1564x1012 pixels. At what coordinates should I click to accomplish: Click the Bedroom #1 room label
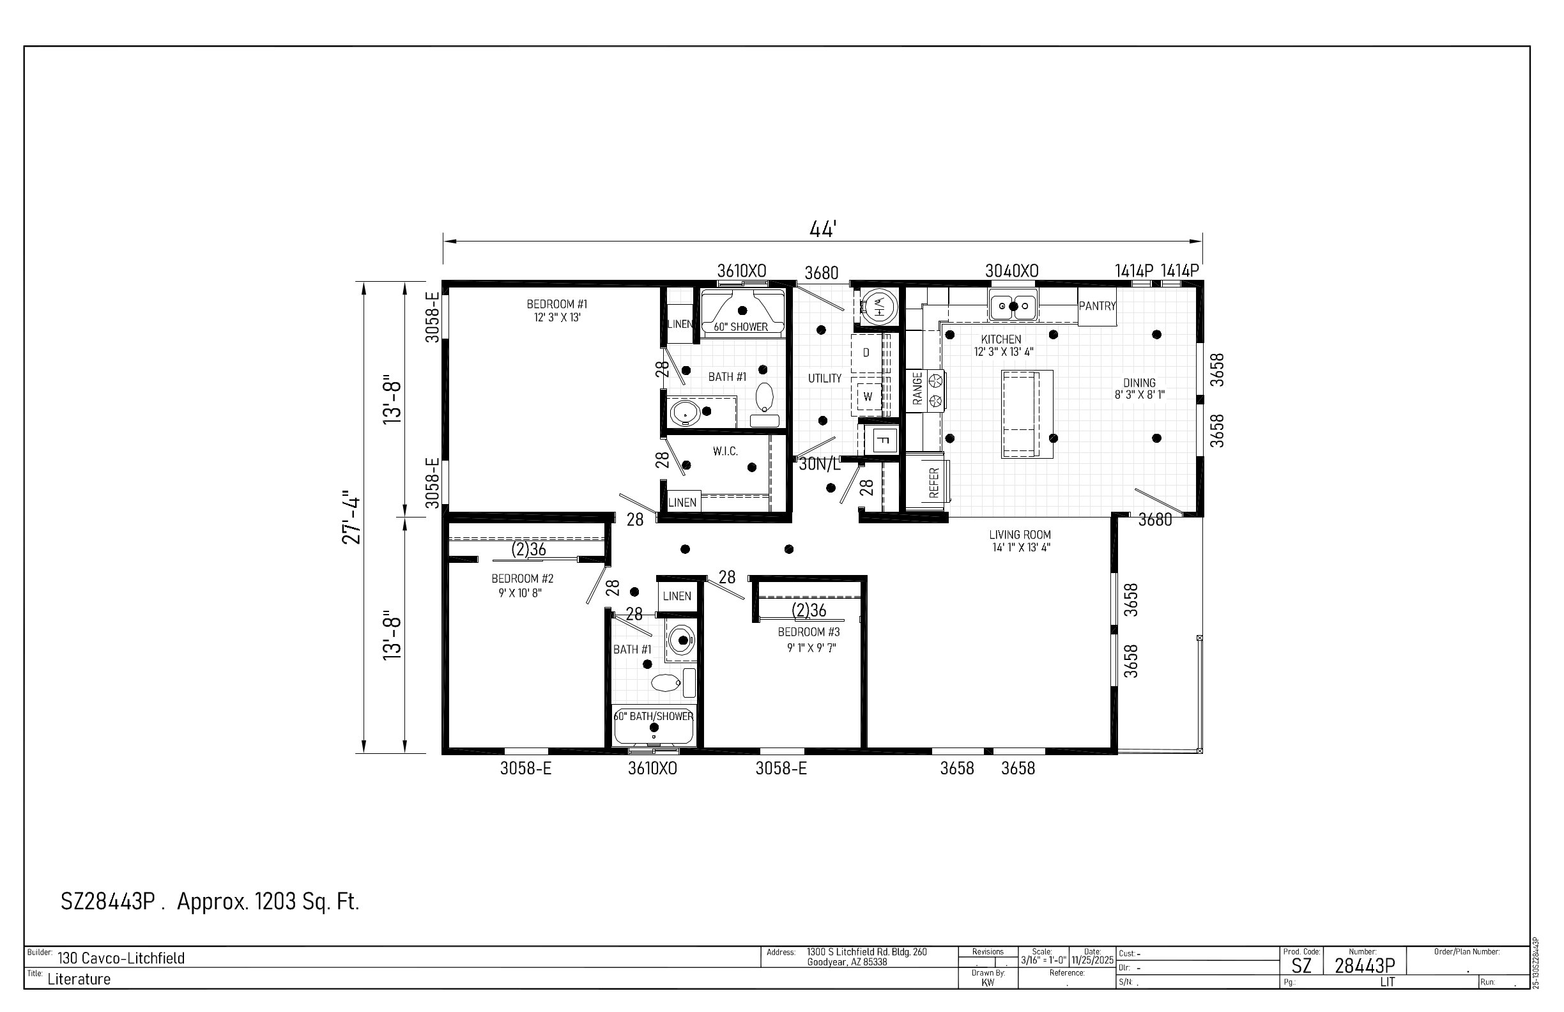tap(556, 310)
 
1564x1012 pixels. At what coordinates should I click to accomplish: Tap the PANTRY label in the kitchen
tap(1097, 306)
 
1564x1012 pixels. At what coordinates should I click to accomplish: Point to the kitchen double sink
tap(1013, 305)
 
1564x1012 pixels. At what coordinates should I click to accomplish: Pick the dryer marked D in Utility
tap(867, 353)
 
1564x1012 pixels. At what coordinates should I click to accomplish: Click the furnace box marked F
tap(884, 440)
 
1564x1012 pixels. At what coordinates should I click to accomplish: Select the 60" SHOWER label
tap(740, 326)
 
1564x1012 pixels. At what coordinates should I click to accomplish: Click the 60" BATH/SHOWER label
tap(654, 716)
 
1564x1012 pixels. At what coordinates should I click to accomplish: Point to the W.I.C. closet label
tap(725, 452)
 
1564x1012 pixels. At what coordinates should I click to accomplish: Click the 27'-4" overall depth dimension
tap(352, 518)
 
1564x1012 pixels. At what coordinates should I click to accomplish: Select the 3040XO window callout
tap(1011, 271)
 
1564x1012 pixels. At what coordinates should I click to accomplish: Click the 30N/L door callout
tap(820, 464)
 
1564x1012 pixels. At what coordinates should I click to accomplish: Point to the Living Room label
tap(1020, 541)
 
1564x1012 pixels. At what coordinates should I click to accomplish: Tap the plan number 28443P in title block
tap(1365, 965)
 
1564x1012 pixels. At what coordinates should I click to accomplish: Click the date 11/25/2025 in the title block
tap(1092, 960)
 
